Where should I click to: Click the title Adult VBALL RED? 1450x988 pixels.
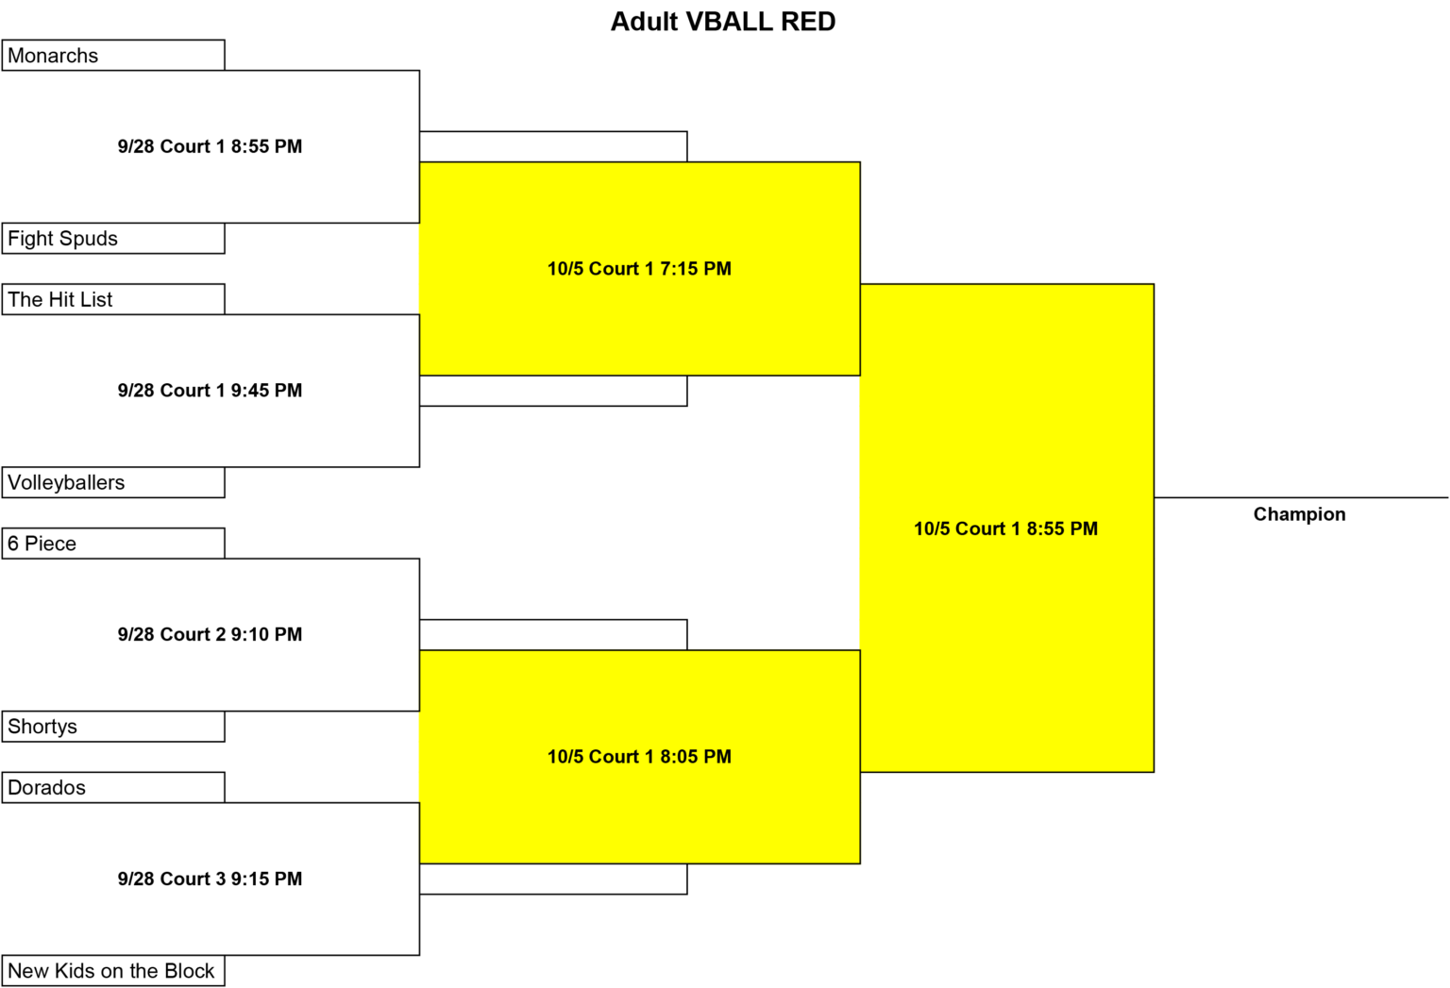(723, 22)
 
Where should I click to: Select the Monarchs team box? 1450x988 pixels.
(113, 55)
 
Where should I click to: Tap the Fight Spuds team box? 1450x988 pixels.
(113, 238)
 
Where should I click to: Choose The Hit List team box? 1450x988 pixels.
(113, 299)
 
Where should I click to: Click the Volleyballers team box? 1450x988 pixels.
(113, 482)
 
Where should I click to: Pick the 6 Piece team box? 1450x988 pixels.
(113, 543)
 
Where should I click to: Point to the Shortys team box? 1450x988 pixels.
(113, 726)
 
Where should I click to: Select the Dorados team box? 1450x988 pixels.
(113, 787)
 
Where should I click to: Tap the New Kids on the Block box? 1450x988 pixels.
(113, 970)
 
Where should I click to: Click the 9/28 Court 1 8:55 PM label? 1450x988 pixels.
(210, 146)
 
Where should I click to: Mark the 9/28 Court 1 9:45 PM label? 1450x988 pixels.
(210, 390)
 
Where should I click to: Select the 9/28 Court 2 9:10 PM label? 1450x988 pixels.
(210, 634)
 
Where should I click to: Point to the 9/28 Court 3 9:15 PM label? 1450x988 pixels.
(210, 879)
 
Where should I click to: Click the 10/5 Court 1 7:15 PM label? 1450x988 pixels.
(639, 269)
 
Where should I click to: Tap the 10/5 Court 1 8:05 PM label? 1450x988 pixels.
(639, 757)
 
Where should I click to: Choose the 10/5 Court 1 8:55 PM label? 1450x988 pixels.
(1006, 528)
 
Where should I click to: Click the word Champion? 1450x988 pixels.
(1299, 514)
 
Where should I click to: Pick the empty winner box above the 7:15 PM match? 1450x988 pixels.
(553, 146)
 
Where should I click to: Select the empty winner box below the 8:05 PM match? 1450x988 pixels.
(553, 879)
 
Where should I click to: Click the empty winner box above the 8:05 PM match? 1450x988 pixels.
(553, 635)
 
